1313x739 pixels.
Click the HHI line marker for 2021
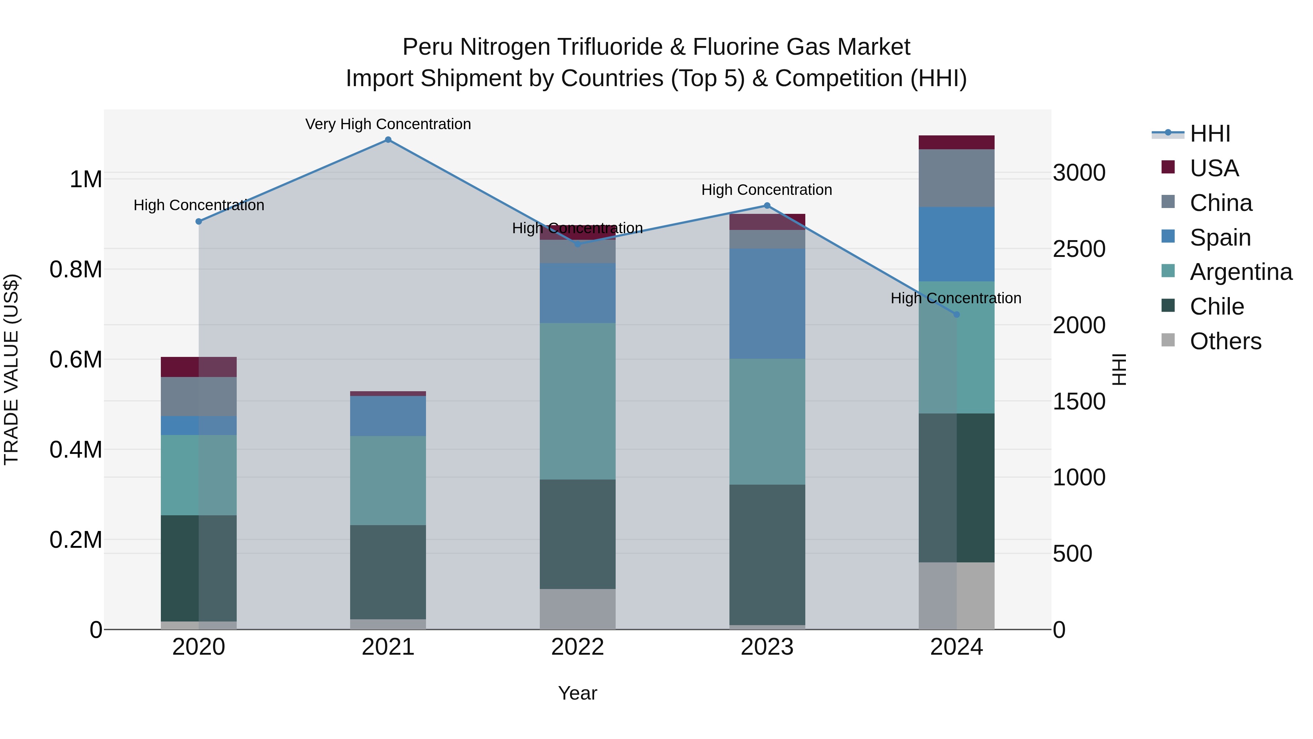[x=388, y=140]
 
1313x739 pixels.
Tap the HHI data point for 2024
[x=956, y=315]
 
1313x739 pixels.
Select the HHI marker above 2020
[x=199, y=222]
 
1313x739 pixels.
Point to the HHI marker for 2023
[x=767, y=205]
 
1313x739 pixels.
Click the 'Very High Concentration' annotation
[x=388, y=124]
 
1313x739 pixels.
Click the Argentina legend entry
[x=1241, y=272]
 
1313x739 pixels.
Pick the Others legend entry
[x=1225, y=341]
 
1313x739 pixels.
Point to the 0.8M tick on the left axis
[x=76, y=270]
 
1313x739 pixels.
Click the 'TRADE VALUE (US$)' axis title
[x=11, y=369]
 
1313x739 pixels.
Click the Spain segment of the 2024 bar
[x=956, y=244]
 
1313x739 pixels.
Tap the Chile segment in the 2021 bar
[x=388, y=572]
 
